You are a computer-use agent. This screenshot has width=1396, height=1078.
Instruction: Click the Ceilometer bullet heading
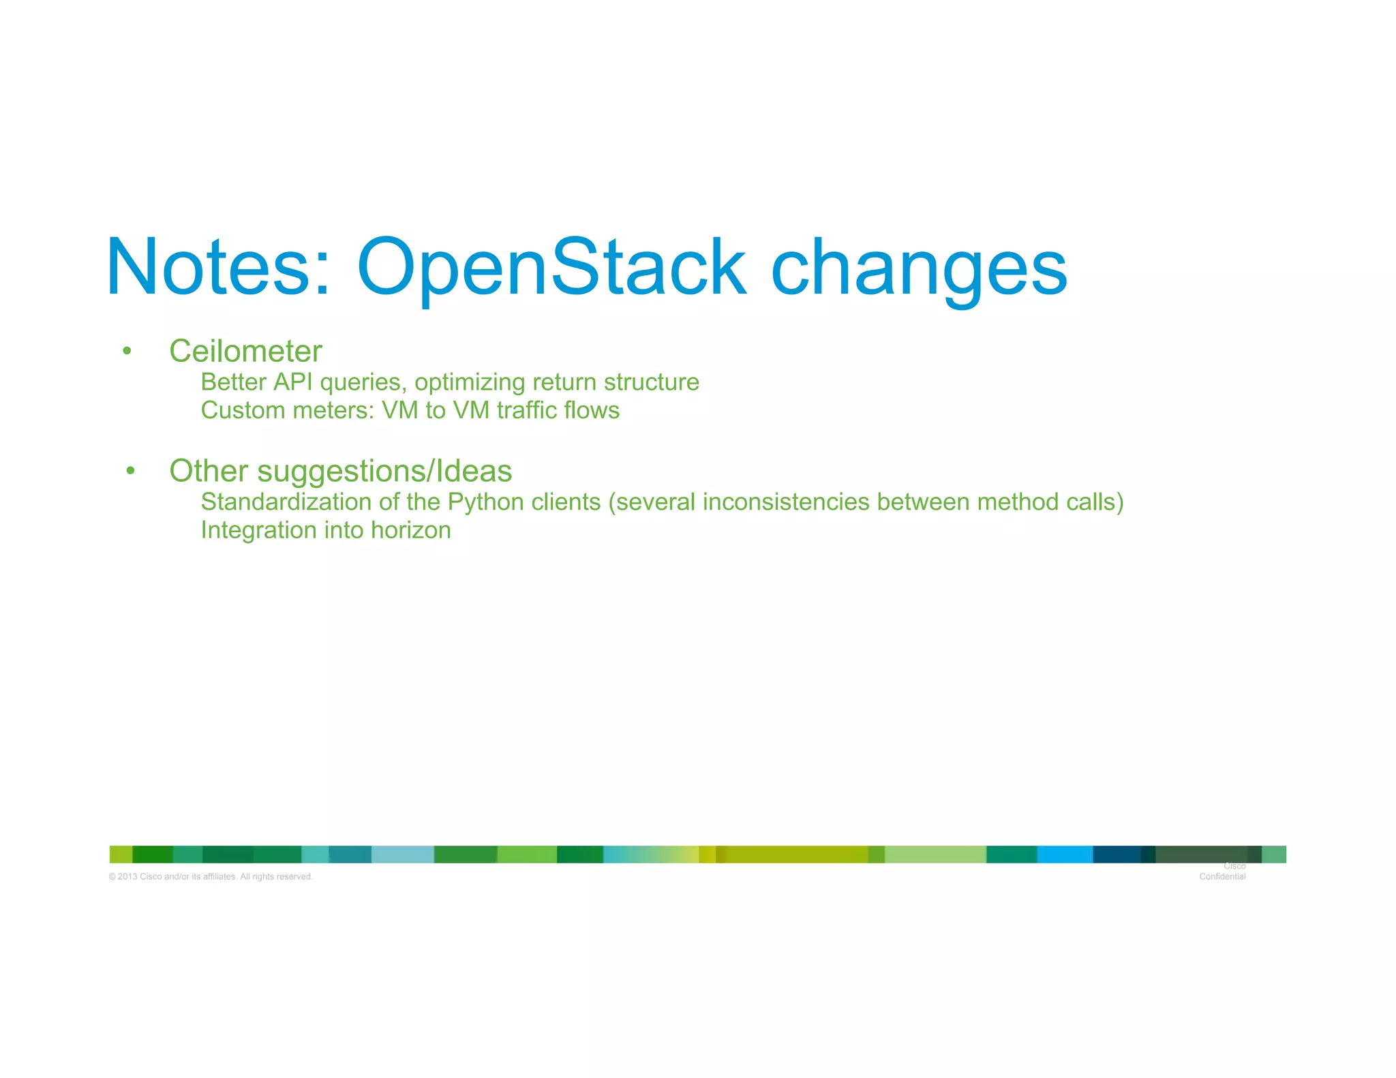(x=245, y=352)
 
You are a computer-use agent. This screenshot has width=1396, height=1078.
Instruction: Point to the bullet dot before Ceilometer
(x=127, y=352)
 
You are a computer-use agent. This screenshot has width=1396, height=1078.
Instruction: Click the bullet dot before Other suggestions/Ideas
(x=131, y=471)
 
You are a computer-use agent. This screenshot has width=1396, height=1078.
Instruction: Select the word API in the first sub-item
(x=293, y=382)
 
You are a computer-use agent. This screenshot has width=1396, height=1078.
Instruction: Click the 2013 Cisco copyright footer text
(x=211, y=876)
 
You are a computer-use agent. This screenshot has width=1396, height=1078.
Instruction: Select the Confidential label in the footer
(x=1222, y=876)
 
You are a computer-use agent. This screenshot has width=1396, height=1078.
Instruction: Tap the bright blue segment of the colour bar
(x=1064, y=854)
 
